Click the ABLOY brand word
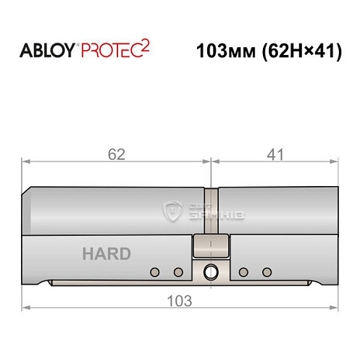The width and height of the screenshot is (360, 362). point(46,51)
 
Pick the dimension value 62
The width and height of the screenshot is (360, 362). point(116,154)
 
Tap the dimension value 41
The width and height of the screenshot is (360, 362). point(275,154)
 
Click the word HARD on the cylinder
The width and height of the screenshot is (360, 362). point(106,254)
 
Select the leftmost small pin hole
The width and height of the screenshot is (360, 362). point(154,272)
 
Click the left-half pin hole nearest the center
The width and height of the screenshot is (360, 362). point(177,272)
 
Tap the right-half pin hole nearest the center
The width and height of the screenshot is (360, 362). point(243,272)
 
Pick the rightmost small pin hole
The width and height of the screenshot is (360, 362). point(267,272)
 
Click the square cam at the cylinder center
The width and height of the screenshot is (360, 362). point(210,247)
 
